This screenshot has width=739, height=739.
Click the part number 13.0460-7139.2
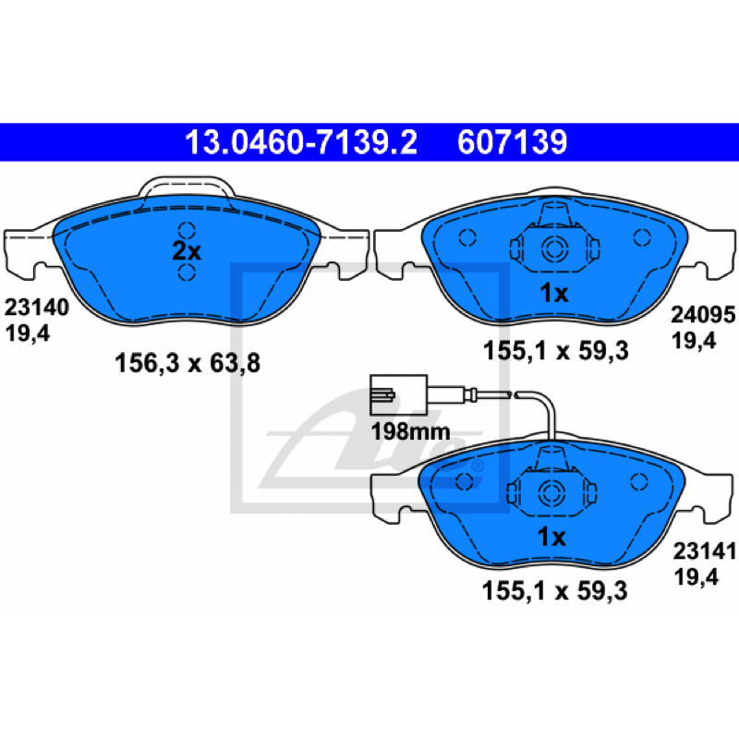301,142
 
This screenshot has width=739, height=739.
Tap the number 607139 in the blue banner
513,142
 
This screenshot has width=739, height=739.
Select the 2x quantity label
187,251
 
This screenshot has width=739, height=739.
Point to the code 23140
37,308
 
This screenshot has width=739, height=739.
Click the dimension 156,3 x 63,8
188,364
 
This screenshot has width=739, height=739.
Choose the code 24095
703,314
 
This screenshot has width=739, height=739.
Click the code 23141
705,551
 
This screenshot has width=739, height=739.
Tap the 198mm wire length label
410,431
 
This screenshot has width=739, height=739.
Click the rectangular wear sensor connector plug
399,394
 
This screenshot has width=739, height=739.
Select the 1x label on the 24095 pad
554,294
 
